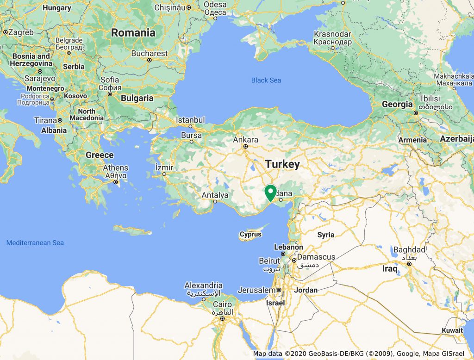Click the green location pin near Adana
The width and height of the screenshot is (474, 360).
click(270, 192)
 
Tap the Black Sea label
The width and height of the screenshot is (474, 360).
click(266, 81)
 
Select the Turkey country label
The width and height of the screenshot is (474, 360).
click(282, 164)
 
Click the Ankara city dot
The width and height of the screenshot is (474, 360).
click(246, 147)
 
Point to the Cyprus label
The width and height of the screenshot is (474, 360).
click(250, 235)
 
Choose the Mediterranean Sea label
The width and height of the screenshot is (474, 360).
click(35, 243)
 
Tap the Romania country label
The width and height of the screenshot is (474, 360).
click(133, 33)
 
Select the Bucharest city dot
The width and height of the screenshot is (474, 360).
click(150, 60)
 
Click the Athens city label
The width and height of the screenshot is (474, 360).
click(116, 168)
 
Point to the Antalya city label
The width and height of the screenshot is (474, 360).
click(215, 195)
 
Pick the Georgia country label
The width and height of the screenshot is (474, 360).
click(397, 105)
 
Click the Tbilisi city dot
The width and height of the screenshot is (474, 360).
click(416, 112)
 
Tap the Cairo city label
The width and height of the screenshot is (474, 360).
click(223, 304)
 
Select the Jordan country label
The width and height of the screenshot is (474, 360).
click(306, 290)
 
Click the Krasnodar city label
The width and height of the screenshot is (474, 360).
click(332, 35)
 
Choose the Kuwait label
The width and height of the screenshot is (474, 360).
click(452, 330)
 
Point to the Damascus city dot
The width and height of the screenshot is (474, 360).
click(294, 260)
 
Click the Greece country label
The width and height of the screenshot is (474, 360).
click(100, 155)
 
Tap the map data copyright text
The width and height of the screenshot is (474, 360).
click(359, 354)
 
